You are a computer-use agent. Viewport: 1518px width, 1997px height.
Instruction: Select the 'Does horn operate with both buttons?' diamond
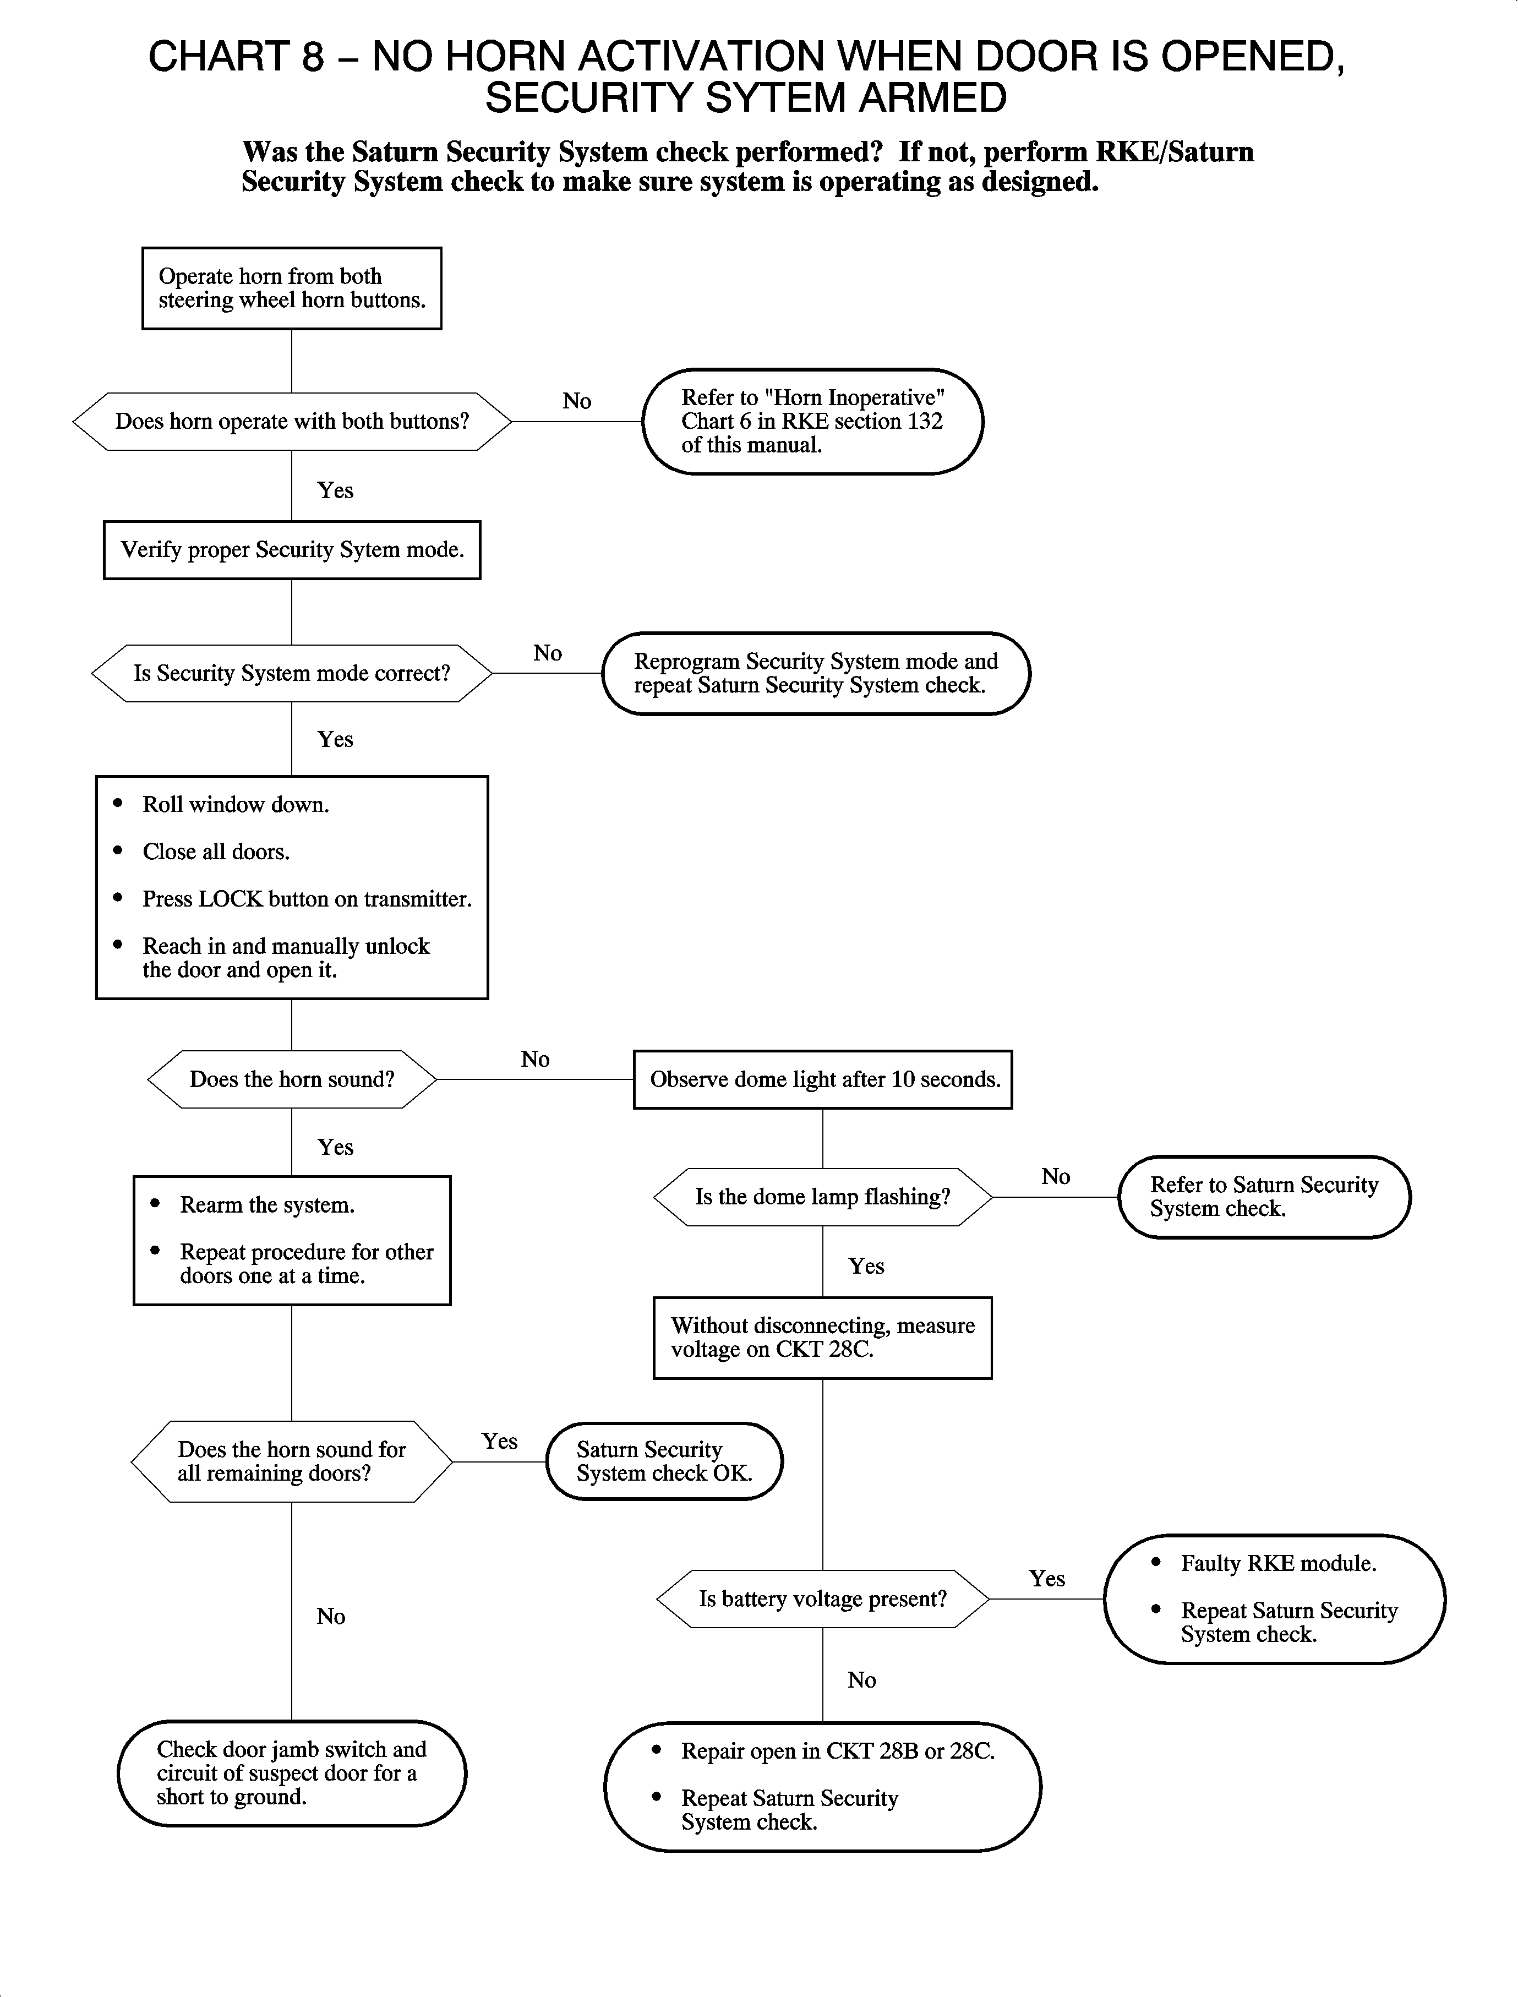coord(292,421)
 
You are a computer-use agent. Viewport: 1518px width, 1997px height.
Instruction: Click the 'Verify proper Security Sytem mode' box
coord(292,549)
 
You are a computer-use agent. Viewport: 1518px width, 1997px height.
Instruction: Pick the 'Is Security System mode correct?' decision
coord(292,673)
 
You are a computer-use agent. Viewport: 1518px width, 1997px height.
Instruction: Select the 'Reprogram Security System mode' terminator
coord(815,673)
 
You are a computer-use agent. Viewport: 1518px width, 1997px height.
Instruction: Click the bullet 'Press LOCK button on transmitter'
coord(307,899)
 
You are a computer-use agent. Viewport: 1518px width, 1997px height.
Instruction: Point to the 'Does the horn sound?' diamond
coord(292,1079)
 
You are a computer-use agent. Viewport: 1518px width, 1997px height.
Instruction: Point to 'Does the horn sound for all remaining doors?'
coord(291,1461)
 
